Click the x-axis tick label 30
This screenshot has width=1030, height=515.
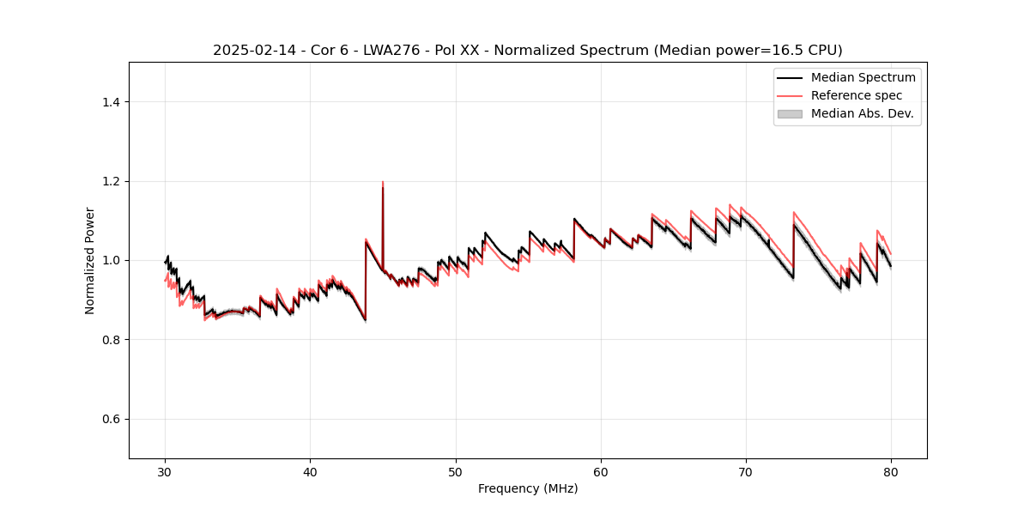pyautogui.click(x=165, y=471)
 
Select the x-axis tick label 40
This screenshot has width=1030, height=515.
pyautogui.click(x=310, y=471)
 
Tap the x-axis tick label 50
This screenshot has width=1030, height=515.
pyautogui.click(x=456, y=471)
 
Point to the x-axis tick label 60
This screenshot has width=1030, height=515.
pyautogui.click(x=601, y=471)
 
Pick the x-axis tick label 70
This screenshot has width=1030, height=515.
pyautogui.click(x=746, y=471)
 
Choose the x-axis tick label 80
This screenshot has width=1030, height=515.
pyautogui.click(x=891, y=471)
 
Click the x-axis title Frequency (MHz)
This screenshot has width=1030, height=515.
pyautogui.click(x=528, y=488)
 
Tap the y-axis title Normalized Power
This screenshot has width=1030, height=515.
pyautogui.click(x=90, y=260)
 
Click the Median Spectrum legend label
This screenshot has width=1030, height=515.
pyautogui.click(x=863, y=77)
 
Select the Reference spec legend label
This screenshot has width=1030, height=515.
pyautogui.click(x=857, y=95)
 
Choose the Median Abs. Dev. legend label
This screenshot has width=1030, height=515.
pyautogui.click(x=862, y=113)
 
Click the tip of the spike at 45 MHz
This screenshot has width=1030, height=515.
pyautogui.click(x=383, y=182)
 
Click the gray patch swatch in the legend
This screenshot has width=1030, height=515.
pyautogui.click(x=790, y=113)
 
